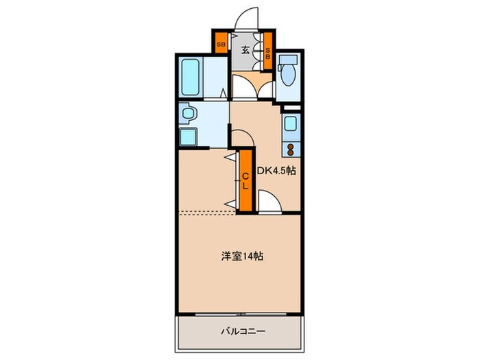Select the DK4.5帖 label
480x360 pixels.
click(x=276, y=171)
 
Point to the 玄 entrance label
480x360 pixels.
click(x=245, y=48)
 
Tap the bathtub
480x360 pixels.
click(x=192, y=77)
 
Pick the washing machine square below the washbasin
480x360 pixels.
click(x=189, y=136)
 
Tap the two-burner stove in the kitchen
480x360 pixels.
click(x=291, y=149)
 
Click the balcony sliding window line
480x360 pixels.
click(x=240, y=314)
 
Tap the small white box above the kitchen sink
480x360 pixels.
click(x=290, y=106)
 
